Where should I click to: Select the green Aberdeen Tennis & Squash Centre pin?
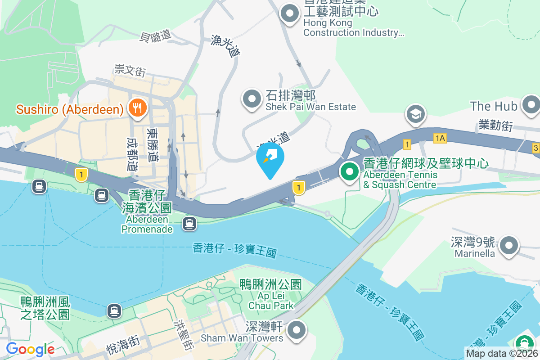[x=349, y=172]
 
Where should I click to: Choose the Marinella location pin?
[x=509, y=246]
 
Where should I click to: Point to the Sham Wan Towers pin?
[x=296, y=330]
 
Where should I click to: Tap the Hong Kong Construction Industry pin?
[x=290, y=13]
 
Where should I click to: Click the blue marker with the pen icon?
[x=270, y=158]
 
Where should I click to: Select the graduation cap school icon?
[x=416, y=114]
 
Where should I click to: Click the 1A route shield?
[x=440, y=138]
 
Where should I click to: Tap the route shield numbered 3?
[x=535, y=148]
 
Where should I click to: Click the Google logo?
[x=30, y=349]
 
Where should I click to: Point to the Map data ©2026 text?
[x=502, y=353]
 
